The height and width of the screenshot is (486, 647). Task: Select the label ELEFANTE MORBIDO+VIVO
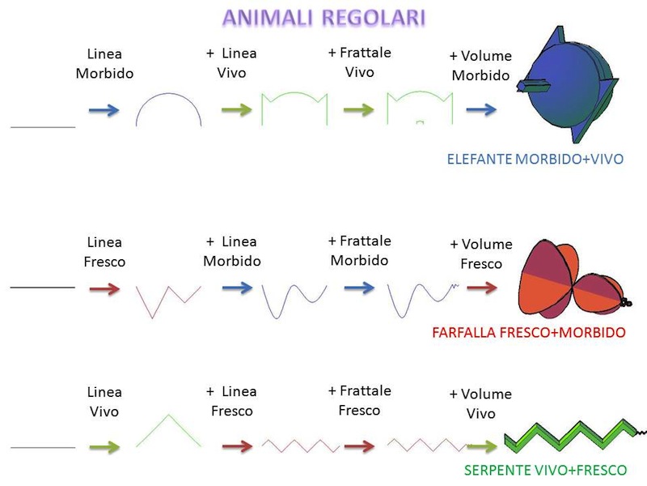[x=535, y=160]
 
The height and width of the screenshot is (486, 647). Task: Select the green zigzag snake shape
[x=569, y=434]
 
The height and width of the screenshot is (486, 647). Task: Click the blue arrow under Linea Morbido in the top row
[x=104, y=110]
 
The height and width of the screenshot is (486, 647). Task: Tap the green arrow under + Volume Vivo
[x=480, y=446]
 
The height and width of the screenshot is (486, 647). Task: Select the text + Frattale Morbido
[x=359, y=250]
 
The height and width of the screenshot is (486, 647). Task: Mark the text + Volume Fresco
[x=480, y=254]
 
